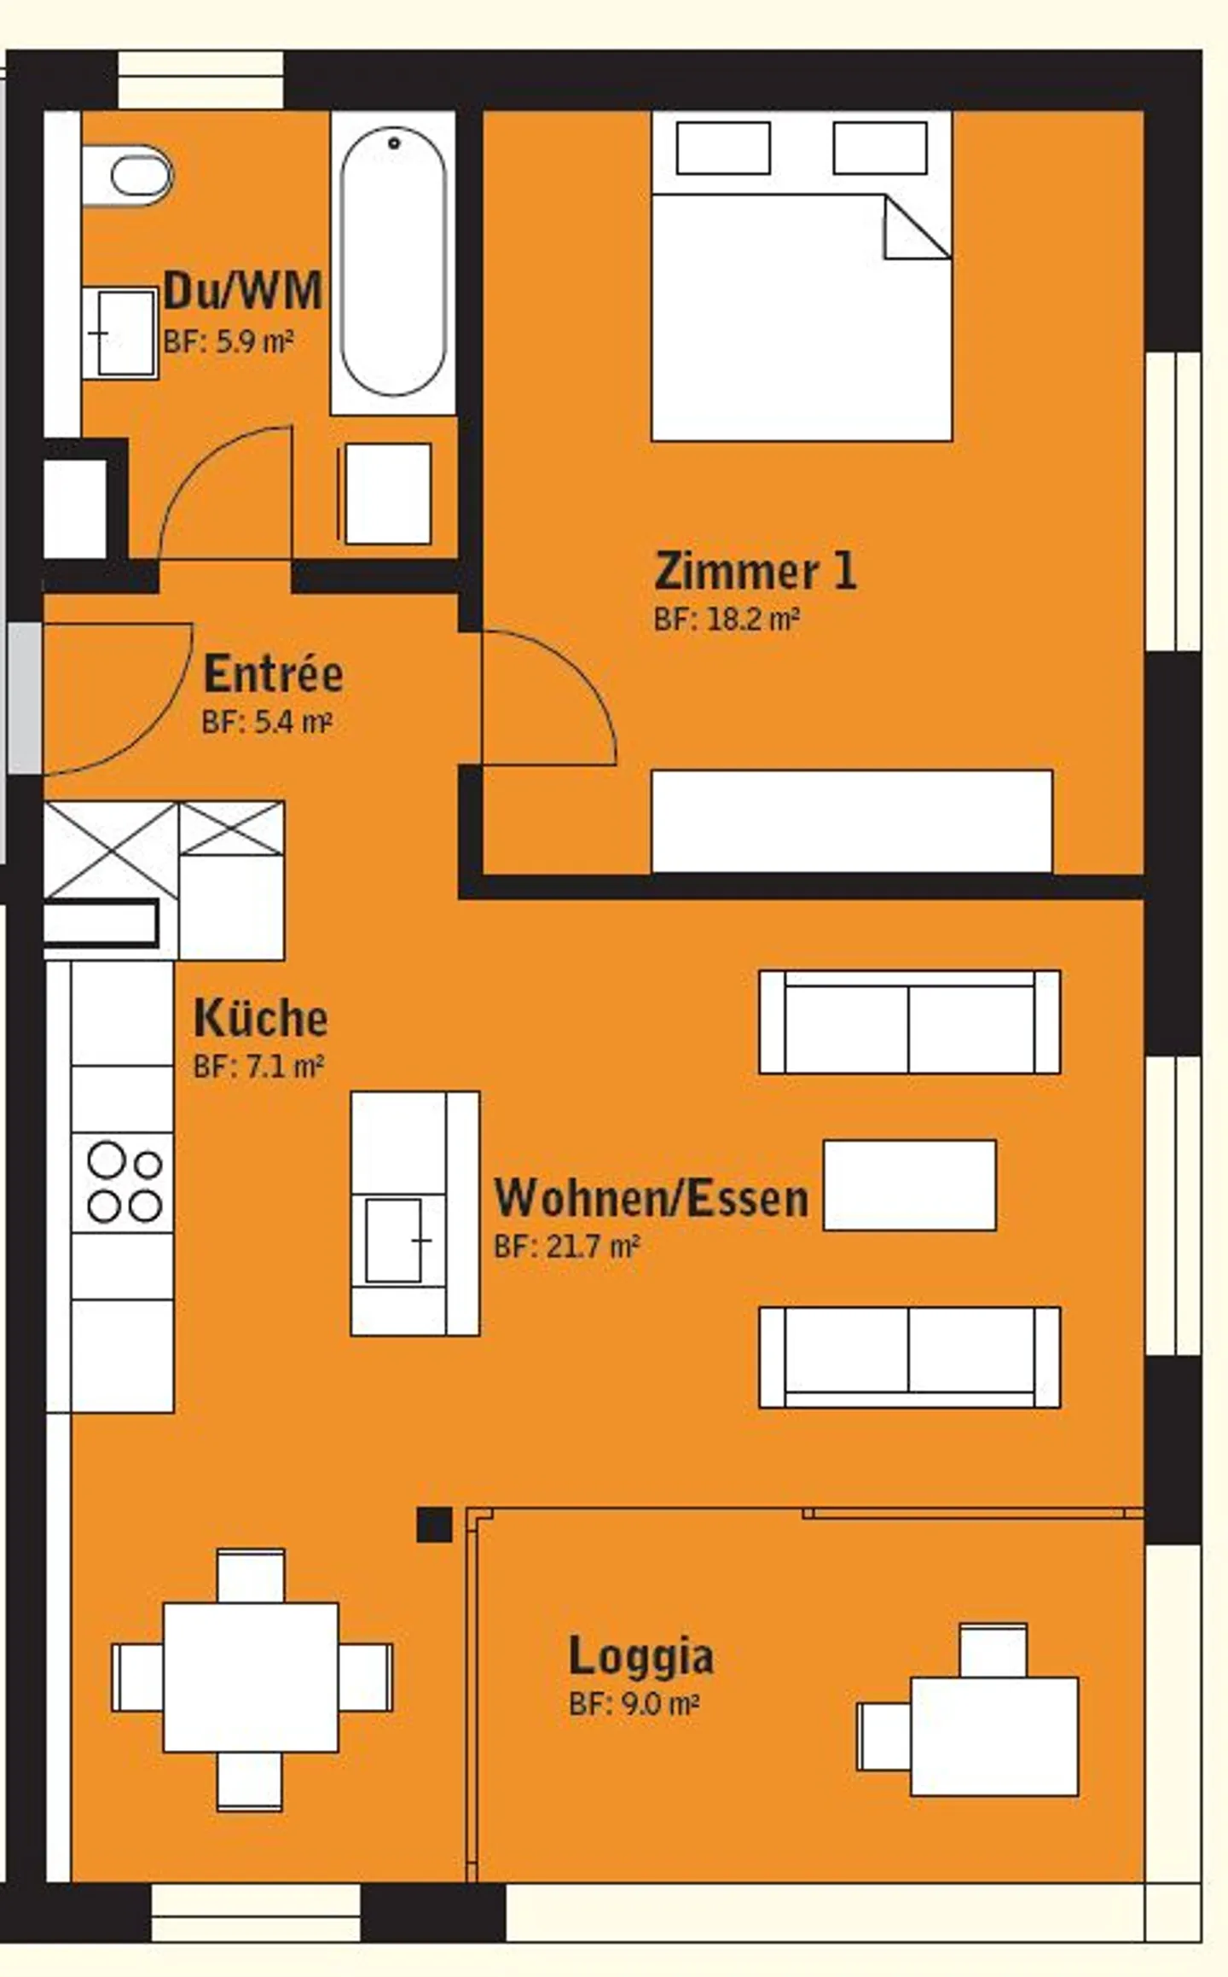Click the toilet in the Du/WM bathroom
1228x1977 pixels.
[x=136, y=177]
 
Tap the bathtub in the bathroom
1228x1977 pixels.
[x=393, y=262]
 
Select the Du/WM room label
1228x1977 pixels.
[x=243, y=290]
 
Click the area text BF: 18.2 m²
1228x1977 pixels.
[x=727, y=619]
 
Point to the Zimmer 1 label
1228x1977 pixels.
[x=755, y=571]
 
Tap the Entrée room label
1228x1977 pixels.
[x=273, y=674]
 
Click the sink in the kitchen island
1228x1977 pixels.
[x=394, y=1240]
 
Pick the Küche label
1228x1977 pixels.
[x=261, y=1018]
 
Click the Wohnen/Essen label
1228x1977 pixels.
[x=652, y=1198]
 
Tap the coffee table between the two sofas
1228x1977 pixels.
[x=909, y=1185]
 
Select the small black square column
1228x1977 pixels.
[x=434, y=1525]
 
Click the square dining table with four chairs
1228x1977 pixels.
[x=251, y=1677]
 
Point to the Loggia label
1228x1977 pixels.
[x=641, y=1656]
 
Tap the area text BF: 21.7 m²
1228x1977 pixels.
[x=567, y=1247]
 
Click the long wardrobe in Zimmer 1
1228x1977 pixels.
[x=851, y=821]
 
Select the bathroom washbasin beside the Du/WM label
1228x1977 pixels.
[x=122, y=333]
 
